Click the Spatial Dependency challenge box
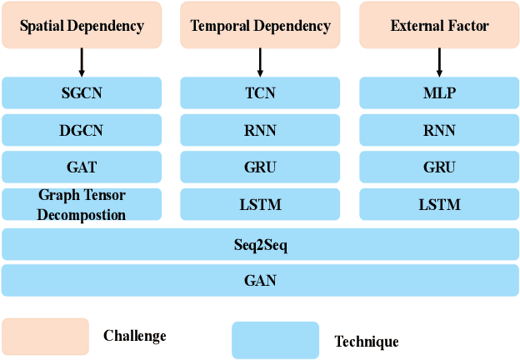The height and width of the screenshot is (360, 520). pos(82,25)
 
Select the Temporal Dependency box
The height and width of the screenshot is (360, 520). pos(260,25)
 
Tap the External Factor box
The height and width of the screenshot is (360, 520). pos(439,25)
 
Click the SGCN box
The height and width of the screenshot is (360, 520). pos(82,93)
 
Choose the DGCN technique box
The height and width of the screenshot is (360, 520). pos(82,130)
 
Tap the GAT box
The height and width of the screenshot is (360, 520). pos(82,167)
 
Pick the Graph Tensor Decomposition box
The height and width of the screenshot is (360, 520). pos(82,204)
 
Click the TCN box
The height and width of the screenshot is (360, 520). pos(260,93)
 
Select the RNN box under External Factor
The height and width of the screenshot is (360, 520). pos(439,130)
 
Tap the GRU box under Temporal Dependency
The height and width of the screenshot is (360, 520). pos(260,167)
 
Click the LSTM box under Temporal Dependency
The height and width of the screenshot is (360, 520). pos(260,204)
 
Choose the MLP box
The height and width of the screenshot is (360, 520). pos(439,93)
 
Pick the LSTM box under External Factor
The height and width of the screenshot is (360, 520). pos(439,204)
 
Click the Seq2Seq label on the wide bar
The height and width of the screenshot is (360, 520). pos(260,245)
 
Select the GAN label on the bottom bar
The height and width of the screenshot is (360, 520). pos(260,281)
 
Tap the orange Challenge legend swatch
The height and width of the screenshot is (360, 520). pos(45,337)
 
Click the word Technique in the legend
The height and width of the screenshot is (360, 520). pos(366,342)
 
